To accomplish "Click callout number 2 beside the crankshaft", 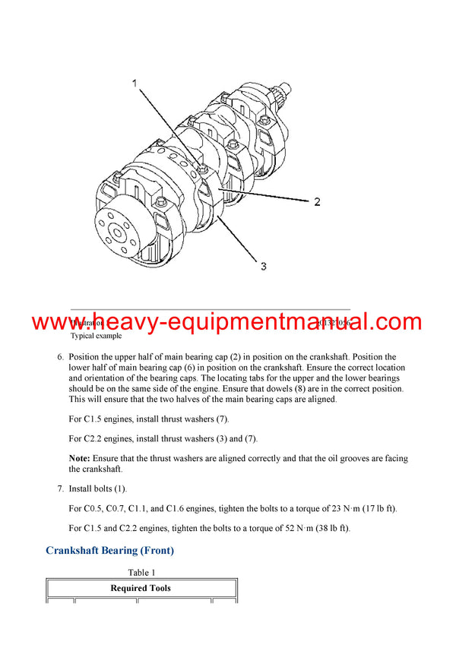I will click(x=316, y=202).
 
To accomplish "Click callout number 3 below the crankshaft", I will click(x=263, y=266).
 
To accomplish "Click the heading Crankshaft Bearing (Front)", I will click(x=109, y=550).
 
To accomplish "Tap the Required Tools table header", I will click(x=141, y=588).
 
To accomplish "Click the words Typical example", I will click(x=96, y=335).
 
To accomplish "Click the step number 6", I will click(x=60, y=357).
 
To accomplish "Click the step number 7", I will click(x=60, y=488).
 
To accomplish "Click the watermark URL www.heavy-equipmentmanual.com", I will click(x=227, y=322).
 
